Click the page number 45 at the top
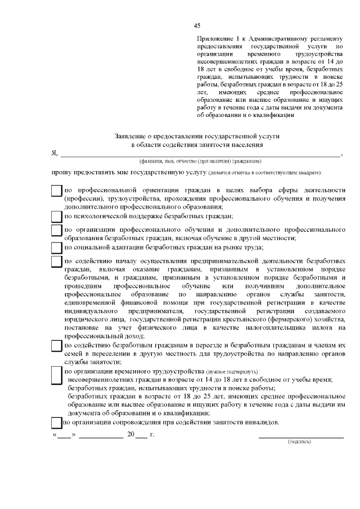(197, 25)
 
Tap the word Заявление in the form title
(130, 137)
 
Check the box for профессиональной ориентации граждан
(56, 192)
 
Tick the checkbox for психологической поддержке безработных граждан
(56, 217)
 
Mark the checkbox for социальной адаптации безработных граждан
(56, 247)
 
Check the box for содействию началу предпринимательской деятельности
(56, 263)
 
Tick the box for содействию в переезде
(56, 345)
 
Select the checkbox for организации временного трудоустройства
(56, 375)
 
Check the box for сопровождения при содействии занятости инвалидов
(56, 423)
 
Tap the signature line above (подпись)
(301, 436)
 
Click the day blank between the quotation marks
(65, 436)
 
